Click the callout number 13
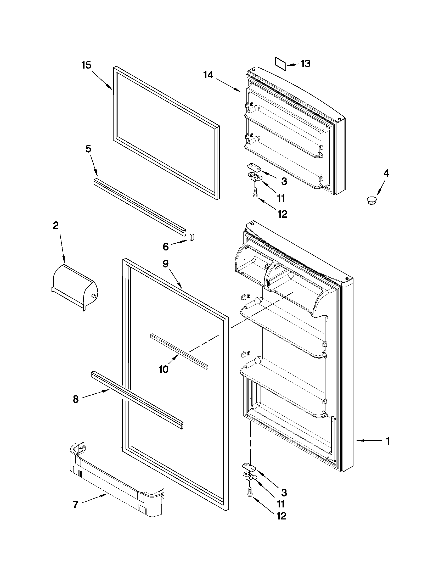[305, 64]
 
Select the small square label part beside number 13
[280, 64]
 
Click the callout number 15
[86, 65]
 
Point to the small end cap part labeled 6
[192, 237]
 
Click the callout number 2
[56, 226]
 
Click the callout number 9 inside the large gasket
[165, 264]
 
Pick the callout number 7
[75, 505]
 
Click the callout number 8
[76, 399]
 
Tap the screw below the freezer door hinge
[255, 193]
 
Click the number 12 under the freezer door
[282, 214]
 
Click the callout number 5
[88, 149]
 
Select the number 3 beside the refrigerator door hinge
[284, 493]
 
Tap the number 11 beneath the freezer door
[281, 198]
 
